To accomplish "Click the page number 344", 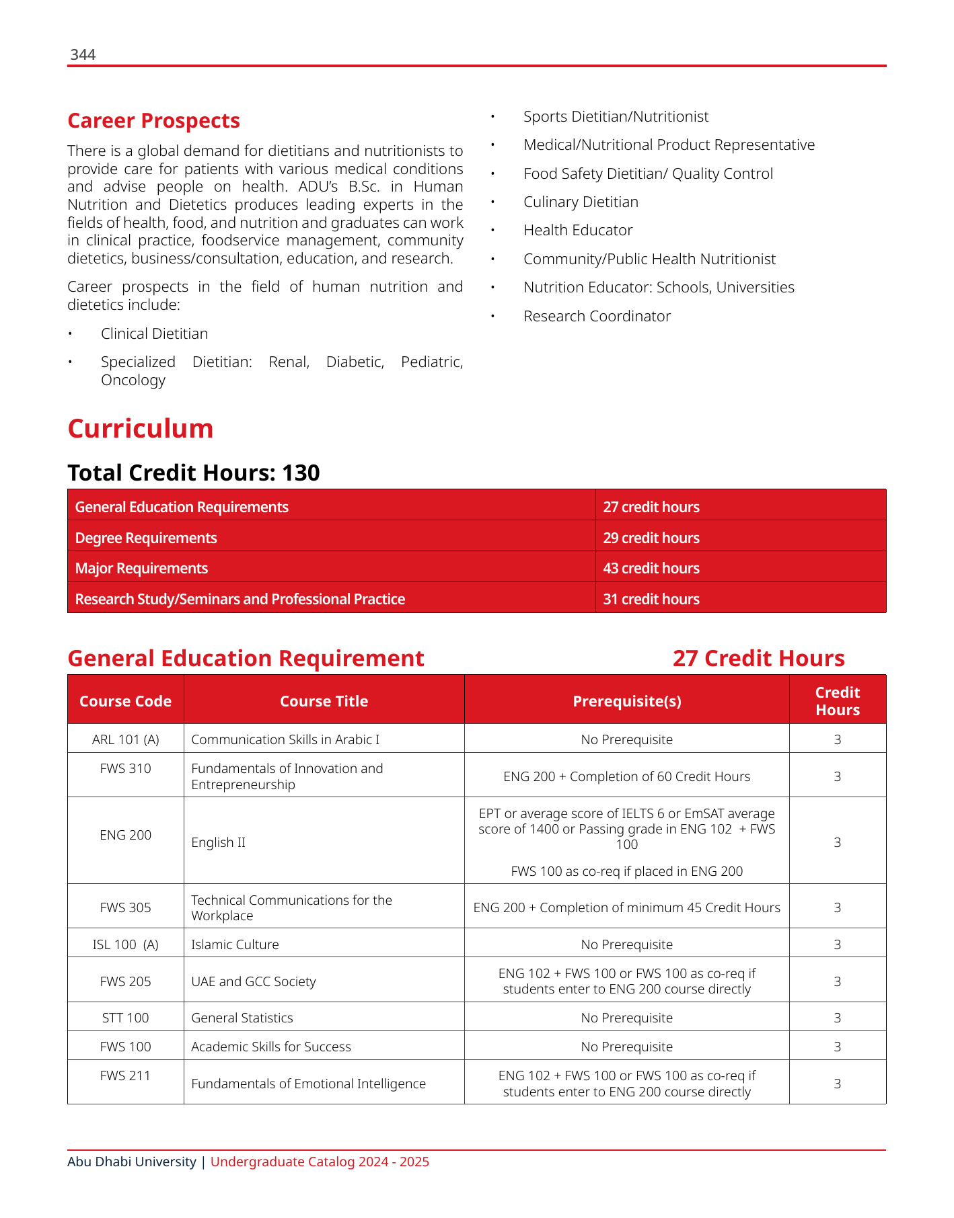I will tap(83, 55).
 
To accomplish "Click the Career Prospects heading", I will tap(153, 121).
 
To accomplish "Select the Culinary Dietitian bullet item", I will tap(581, 202).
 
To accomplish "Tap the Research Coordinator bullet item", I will tap(597, 317).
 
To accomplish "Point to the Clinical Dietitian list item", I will tap(154, 334).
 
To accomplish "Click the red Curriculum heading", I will tap(140, 429).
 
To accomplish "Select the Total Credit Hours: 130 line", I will tap(194, 473).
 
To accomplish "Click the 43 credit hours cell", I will tap(651, 569).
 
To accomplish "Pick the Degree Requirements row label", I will tap(146, 538).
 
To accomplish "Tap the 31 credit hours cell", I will tap(651, 600).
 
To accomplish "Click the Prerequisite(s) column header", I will tap(626, 702).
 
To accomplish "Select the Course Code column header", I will tap(125, 702).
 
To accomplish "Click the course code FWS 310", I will tap(125, 768).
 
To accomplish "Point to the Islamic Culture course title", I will tap(235, 945).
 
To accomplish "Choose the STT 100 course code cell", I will tap(125, 1018).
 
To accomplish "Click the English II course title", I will tap(218, 843).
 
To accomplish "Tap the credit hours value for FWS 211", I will tap(837, 1084).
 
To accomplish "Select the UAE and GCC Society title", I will tap(253, 982).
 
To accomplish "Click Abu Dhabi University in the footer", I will tap(132, 1162).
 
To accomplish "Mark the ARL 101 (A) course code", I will tap(125, 740).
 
